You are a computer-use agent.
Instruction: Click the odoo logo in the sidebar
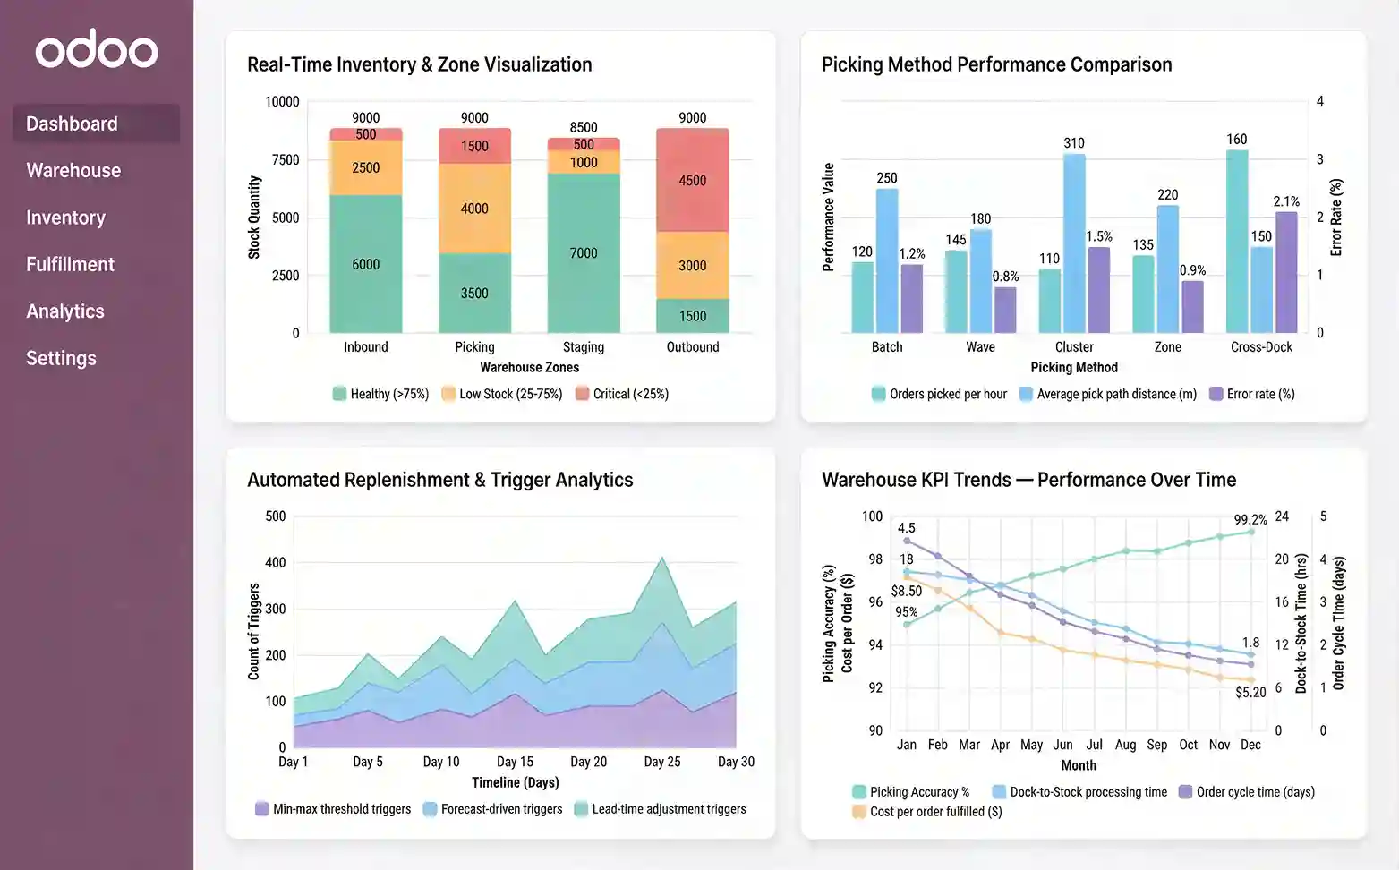tap(97, 50)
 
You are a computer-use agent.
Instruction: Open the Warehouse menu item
tap(73, 171)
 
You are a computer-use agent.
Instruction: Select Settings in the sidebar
tap(61, 359)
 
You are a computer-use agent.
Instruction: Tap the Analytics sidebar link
tap(65, 311)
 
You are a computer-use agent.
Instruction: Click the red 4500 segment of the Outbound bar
tap(692, 181)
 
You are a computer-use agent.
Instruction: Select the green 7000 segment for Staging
tap(583, 253)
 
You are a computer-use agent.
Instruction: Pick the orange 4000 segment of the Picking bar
tap(474, 209)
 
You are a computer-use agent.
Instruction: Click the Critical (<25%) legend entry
tap(622, 394)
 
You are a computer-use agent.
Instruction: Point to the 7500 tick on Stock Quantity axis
tap(286, 160)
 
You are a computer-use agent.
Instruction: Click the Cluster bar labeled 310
tap(1074, 242)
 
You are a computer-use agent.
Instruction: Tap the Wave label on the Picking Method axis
tap(980, 347)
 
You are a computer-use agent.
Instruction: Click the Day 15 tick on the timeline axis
tap(515, 762)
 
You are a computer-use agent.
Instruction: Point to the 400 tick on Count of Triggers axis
tap(276, 563)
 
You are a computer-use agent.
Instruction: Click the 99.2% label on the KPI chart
tap(1250, 520)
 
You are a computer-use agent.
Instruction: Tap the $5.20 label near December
tap(1250, 692)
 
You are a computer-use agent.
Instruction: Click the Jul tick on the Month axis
tap(1094, 745)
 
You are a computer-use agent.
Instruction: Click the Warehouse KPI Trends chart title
tap(1028, 480)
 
